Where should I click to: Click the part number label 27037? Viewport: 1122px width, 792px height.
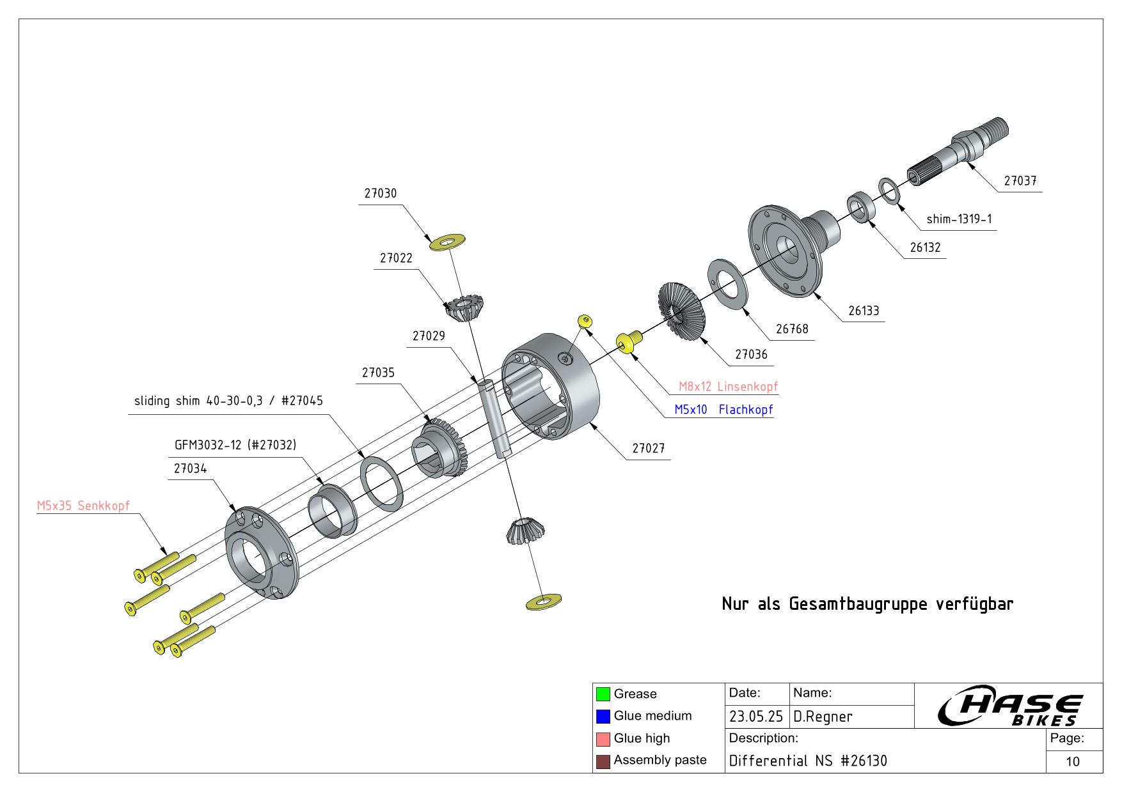tap(1020, 181)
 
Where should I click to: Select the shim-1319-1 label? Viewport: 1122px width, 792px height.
tap(959, 219)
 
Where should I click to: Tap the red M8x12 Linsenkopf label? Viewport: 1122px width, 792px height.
tap(728, 387)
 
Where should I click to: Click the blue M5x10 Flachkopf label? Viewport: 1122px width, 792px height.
tap(723, 410)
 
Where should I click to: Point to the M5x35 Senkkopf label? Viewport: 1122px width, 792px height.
tap(83, 506)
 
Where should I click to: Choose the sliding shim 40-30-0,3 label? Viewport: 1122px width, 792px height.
tap(228, 401)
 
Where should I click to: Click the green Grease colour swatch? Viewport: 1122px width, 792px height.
tap(603, 694)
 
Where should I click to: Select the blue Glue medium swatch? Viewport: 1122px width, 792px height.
tap(603, 717)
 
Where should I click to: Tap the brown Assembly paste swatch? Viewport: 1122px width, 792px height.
tap(603, 761)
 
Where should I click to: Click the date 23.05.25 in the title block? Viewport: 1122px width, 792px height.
tap(756, 717)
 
